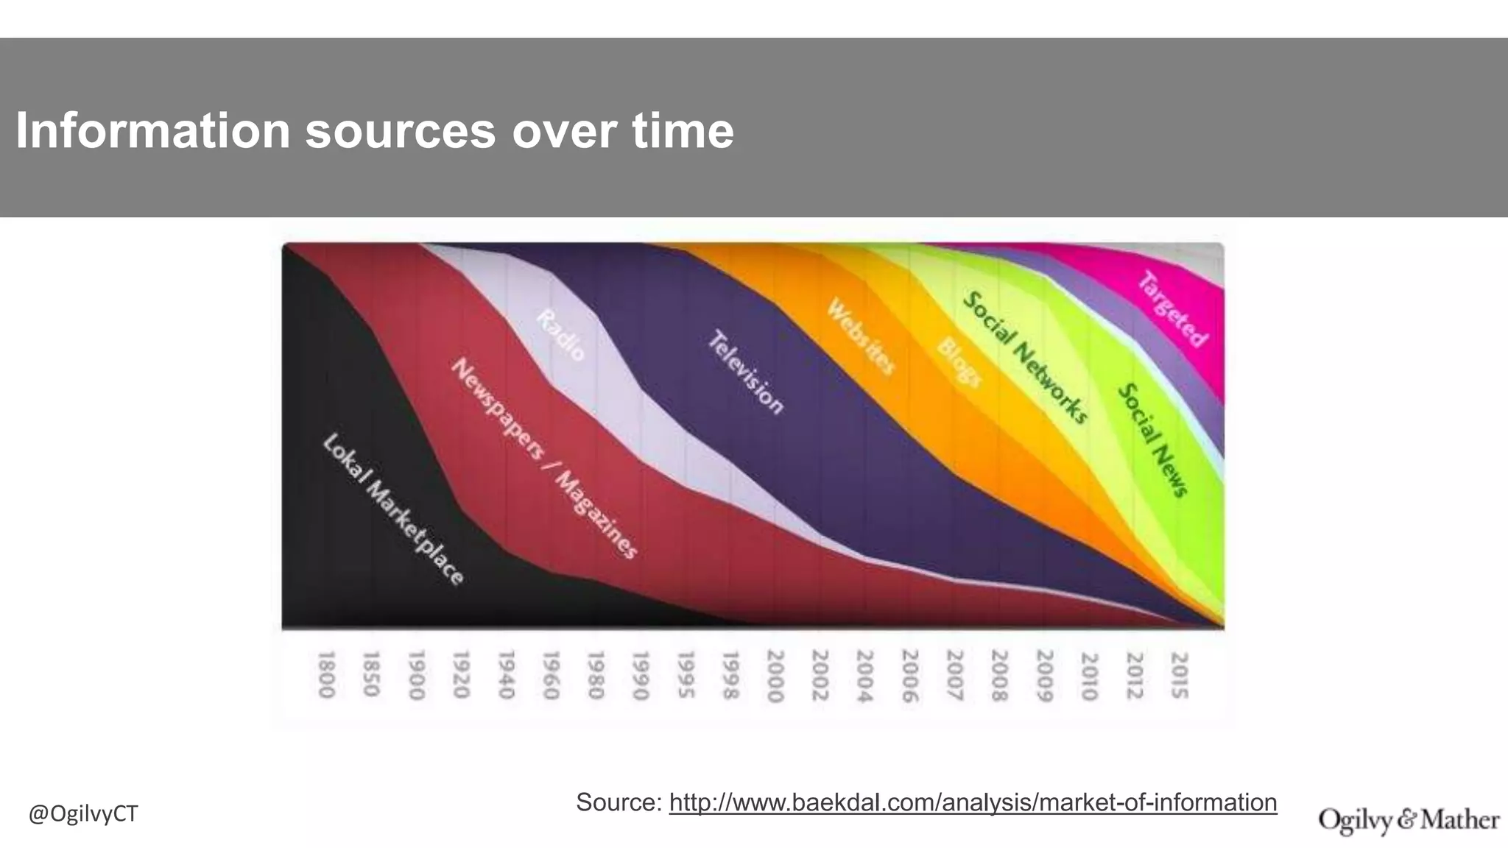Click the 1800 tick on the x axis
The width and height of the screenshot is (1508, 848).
point(326,674)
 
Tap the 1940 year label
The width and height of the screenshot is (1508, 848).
point(506,674)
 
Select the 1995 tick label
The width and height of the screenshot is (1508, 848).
point(686,674)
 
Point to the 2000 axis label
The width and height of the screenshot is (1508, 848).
point(775,675)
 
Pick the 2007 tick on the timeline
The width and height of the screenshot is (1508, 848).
point(954,675)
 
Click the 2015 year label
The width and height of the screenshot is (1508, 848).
point(1179,675)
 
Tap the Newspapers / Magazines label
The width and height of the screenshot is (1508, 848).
point(543,458)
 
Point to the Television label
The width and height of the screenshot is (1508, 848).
point(746,372)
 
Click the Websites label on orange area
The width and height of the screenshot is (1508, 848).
point(860,336)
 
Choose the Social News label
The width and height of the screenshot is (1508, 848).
point(1153,439)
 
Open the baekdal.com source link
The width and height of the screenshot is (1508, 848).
point(973,802)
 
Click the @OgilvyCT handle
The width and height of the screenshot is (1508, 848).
point(83,814)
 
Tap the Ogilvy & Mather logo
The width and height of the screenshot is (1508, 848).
point(1409,820)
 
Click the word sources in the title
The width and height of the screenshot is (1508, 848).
point(401,131)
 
